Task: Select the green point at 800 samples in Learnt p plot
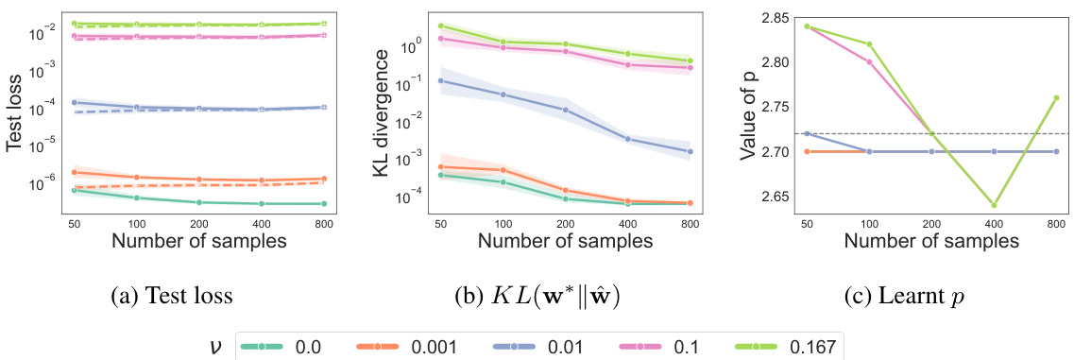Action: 1055,97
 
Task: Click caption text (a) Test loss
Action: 172,296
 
